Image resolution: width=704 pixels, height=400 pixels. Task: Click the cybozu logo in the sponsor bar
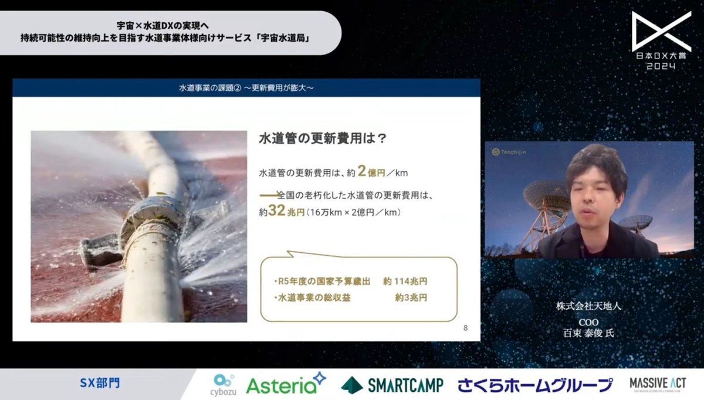point(224,385)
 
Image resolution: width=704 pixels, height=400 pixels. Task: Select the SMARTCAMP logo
point(392,385)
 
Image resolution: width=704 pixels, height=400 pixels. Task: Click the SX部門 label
point(100,384)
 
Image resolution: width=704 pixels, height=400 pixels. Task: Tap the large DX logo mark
point(661,30)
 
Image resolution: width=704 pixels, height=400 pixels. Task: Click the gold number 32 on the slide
point(276,211)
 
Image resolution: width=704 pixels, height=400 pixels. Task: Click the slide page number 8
point(465,328)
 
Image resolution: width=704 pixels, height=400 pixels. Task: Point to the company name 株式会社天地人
point(580,307)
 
